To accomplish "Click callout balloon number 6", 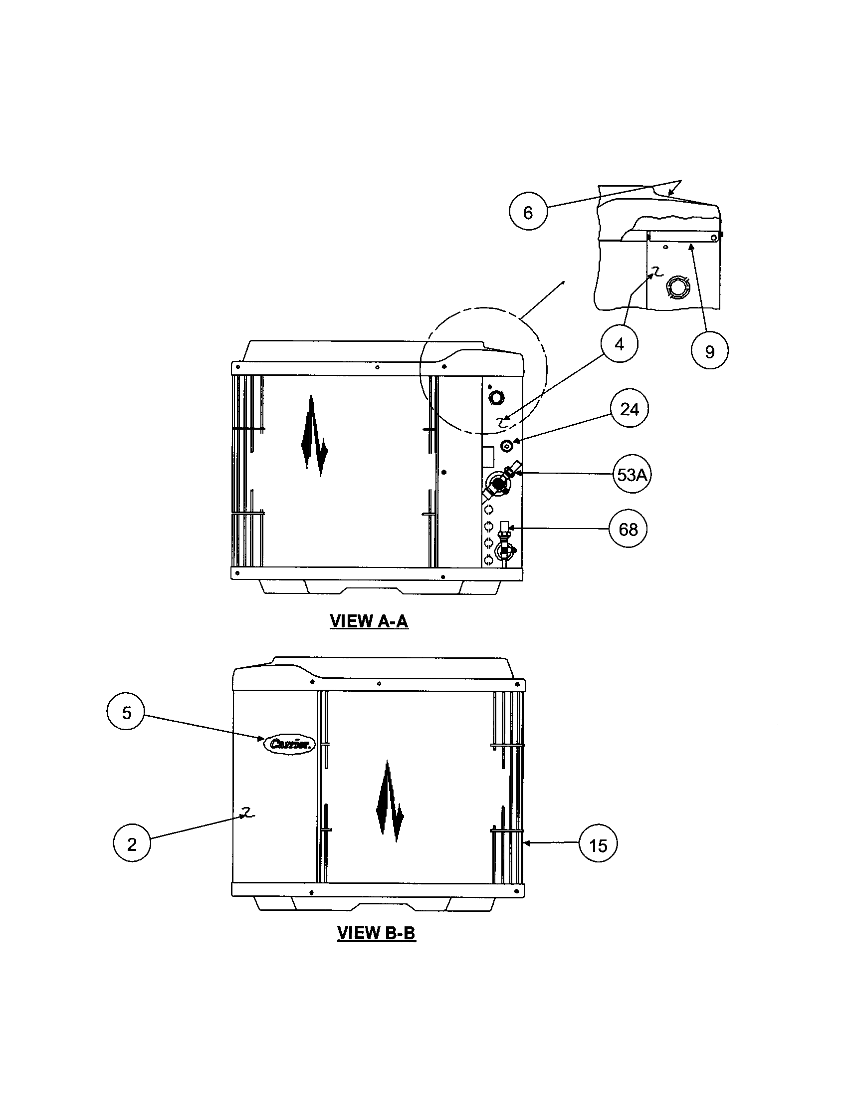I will point(527,212).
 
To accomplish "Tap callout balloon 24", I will point(629,409).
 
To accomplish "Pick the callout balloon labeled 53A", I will point(632,475).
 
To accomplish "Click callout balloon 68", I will point(628,529).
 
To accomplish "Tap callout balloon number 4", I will point(619,344).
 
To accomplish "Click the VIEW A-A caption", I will point(369,621).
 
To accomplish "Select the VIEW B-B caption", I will point(376,933).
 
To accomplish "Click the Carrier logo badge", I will point(289,744).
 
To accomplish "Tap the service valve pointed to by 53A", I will point(498,484).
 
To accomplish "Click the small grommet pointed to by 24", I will point(506,445).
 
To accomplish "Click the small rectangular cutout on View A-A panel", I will point(487,456).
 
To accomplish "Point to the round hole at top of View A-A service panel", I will point(496,398).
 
